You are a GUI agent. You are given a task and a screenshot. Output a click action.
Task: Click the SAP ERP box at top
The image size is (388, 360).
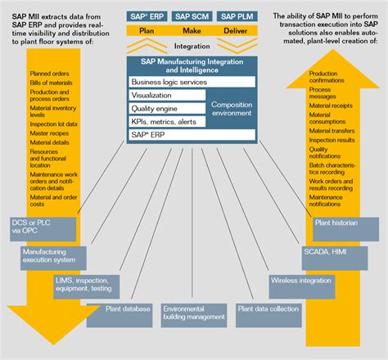pos(147,16)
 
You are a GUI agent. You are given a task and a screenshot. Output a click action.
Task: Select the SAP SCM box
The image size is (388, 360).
pos(193,16)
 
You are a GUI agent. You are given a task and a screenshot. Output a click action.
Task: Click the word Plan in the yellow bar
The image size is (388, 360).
pos(147,30)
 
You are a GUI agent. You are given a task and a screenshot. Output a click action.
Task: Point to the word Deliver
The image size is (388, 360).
pos(237,30)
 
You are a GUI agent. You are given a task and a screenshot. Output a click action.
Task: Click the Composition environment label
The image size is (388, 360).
pos(232,109)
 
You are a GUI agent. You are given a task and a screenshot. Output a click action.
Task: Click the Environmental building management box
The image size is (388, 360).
pos(193,313)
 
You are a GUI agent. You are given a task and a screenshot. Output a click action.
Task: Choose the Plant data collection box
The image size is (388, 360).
pos(267,311)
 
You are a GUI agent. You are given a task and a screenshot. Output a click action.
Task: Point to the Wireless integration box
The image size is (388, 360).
pos(302,280)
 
